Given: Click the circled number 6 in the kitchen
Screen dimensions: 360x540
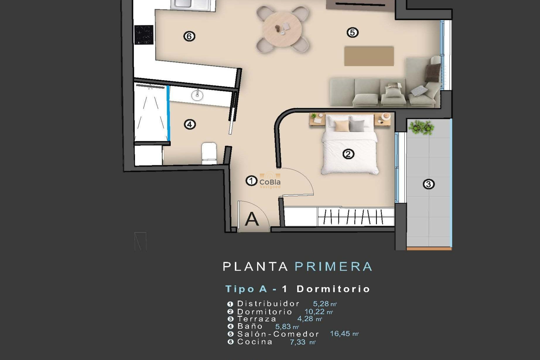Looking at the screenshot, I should (x=189, y=36).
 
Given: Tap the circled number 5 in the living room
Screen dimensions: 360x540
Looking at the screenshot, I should (x=352, y=33).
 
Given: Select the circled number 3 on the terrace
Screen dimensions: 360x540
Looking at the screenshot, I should (x=429, y=184).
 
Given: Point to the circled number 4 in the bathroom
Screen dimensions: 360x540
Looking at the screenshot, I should (x=190, y=124).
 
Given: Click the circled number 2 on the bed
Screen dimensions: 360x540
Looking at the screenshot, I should (x=348, y=154).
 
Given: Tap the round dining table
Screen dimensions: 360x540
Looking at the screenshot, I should (x=282, y=28).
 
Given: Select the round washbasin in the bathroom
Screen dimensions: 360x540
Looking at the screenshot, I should (x=197, y=95).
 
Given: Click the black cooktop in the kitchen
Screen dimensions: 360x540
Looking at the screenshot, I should (x=144, y=35).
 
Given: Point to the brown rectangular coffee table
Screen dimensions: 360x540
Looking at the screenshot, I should (x=369, y=56).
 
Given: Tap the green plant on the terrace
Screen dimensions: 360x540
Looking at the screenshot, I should (x=421, y=127).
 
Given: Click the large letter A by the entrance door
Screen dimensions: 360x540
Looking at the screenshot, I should (x=251, y=219).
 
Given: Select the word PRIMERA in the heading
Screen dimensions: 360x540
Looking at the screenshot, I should (x=334, y=267).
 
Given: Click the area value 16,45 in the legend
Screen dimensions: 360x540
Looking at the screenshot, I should (x=340, y=334).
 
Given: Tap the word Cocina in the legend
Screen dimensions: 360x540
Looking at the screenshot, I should (x=255, y=342).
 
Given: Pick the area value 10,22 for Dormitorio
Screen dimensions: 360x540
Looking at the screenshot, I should (x=314, y=312).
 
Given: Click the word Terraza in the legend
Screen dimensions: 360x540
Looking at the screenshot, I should (x=257, y=319).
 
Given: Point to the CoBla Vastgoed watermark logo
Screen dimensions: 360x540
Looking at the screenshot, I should (x=270, y=181).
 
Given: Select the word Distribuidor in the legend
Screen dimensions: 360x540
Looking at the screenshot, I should (x=268, y=304).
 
